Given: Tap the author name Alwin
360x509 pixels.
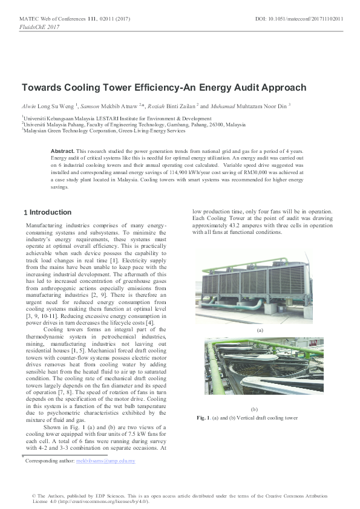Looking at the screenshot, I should (x=29, y=105).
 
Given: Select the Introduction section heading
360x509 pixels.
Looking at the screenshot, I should (x=50, y=213).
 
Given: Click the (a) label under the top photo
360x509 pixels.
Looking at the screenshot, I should (x=260, y=331).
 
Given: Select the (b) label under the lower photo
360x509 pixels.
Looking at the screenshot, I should (x=254, y=409).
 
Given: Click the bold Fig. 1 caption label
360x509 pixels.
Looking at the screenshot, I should (x=203, y=418).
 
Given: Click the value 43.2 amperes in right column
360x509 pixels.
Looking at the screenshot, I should (x=243, y=224).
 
